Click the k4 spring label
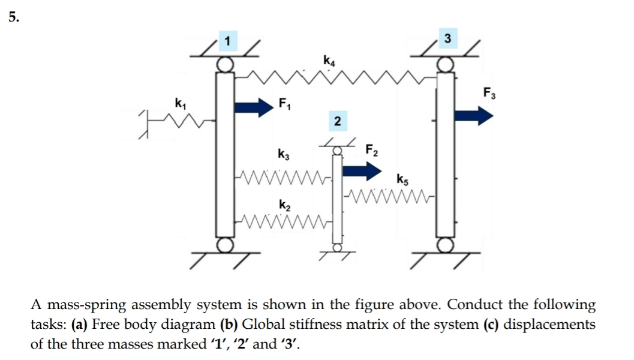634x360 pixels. [329, 60]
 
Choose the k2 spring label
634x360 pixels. [285, 205]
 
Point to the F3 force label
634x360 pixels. [489, 92]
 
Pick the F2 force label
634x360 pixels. [372, 150]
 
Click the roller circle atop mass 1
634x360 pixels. [224, 64]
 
